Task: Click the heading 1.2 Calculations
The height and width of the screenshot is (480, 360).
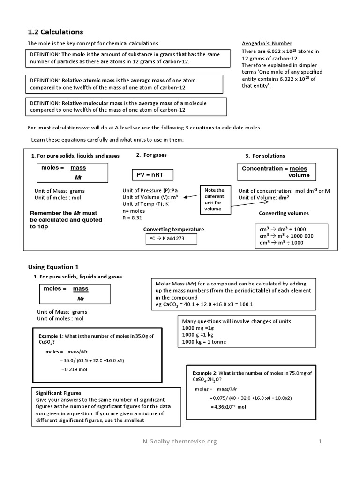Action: [55, 32]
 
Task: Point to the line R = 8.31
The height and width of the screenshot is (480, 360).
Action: [132, 217]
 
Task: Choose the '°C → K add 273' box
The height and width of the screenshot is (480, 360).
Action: [171, 239]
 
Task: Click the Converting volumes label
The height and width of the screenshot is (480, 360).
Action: [284, 213]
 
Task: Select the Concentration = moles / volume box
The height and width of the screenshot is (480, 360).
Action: [276, 172]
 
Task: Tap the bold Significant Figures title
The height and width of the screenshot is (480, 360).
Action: [59, 393]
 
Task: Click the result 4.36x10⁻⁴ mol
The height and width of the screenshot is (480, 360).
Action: [228, 407]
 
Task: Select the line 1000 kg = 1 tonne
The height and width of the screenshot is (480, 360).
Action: [204, 342]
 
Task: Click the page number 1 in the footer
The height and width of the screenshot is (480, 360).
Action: [321, 441]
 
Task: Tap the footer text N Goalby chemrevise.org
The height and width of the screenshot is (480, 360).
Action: [180, 441]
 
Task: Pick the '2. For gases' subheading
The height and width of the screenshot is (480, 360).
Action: [151, 155]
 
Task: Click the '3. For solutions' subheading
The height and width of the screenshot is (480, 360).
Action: [265, 156]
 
